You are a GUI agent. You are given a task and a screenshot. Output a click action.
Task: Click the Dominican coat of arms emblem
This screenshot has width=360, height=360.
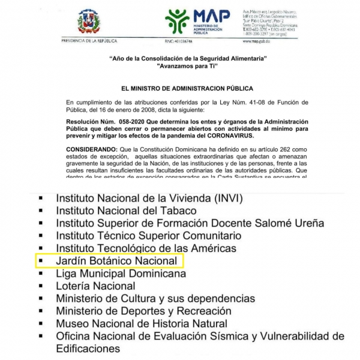point(91,22)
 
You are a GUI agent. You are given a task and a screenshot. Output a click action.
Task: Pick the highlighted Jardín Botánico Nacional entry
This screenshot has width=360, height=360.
point(117,261)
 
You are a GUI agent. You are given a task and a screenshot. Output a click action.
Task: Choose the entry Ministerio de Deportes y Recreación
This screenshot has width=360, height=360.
point(143,311)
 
